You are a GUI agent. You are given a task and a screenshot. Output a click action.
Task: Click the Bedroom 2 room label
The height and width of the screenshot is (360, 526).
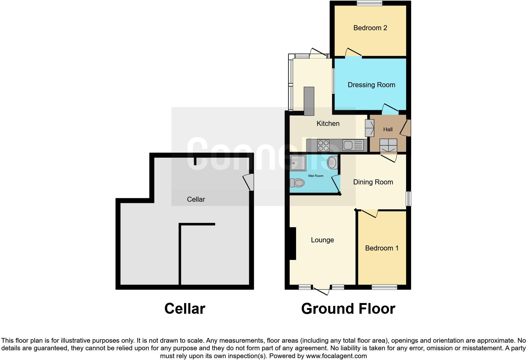tap(370, 28)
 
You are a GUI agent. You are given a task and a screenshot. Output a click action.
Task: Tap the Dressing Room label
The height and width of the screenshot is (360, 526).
tap(371, 85)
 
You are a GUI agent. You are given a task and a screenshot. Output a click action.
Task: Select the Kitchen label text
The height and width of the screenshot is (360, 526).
tap(328, 124)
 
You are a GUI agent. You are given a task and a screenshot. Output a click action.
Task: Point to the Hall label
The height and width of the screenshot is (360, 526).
tap(388, 129)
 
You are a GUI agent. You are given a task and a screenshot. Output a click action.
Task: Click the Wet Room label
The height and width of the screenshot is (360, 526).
tap(316, 176)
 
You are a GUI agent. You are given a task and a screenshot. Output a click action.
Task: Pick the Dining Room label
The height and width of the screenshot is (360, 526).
tap(373, 182)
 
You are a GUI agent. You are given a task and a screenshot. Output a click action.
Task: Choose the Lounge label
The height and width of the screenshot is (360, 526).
tap(322, 240)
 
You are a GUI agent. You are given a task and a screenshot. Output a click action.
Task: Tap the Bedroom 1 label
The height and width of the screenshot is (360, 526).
tap(382, 248)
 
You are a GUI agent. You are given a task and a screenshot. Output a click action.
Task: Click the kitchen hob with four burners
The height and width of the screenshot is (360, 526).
tap(323, 145)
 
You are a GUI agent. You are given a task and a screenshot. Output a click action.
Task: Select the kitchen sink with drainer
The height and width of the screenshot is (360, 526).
tap(353, 145)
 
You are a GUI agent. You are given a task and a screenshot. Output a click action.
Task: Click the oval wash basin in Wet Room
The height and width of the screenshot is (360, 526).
tap(332, 162)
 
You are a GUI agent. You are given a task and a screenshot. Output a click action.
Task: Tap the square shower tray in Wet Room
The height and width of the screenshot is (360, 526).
tap(298, 163)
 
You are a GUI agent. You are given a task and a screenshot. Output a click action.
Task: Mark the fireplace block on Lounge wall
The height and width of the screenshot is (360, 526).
tap(293, 244)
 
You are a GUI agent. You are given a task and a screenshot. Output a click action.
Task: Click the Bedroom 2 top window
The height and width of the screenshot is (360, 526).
tap(369, 3)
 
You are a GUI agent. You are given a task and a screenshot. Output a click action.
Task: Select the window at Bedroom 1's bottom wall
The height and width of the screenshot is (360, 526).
tap(384, 287)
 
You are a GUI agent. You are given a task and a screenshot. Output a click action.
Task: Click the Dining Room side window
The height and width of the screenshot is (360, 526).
tap(408, 199)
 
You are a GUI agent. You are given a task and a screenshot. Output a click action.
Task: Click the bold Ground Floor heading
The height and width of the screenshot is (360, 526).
tap(348, 309)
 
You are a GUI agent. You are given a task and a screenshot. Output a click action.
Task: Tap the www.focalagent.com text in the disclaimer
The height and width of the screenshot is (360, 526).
tap(336, 356)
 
